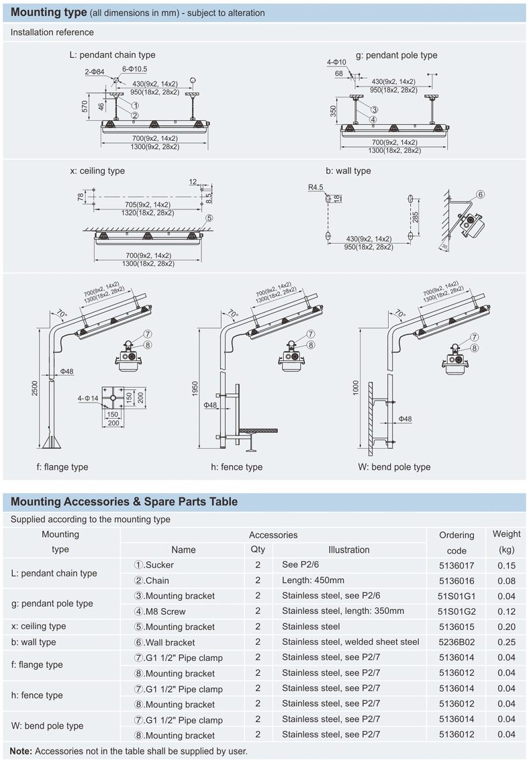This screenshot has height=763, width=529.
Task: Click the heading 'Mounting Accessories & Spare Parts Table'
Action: pyautogui.click(x=124, y=501)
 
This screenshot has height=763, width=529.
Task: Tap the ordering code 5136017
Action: pyautogui.click(x=456, y=565)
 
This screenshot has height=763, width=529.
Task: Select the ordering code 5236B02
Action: pyautogui.click(x=456, y=642)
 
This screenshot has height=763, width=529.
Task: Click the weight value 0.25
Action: pyautogui.click(x=506, y=642)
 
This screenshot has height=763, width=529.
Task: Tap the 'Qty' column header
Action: pyautogui.click(x=258, y=549)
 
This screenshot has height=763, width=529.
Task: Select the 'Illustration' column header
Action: pyautogui.click(x=348, y=550)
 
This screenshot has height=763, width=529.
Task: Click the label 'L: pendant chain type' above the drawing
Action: pyautogui.click(x=110, y=55)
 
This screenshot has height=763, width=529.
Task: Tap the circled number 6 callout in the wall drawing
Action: pyautogui.click(x=480, y=195)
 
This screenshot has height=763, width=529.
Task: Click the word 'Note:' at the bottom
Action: pyautogui.click(x=21, y=751)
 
